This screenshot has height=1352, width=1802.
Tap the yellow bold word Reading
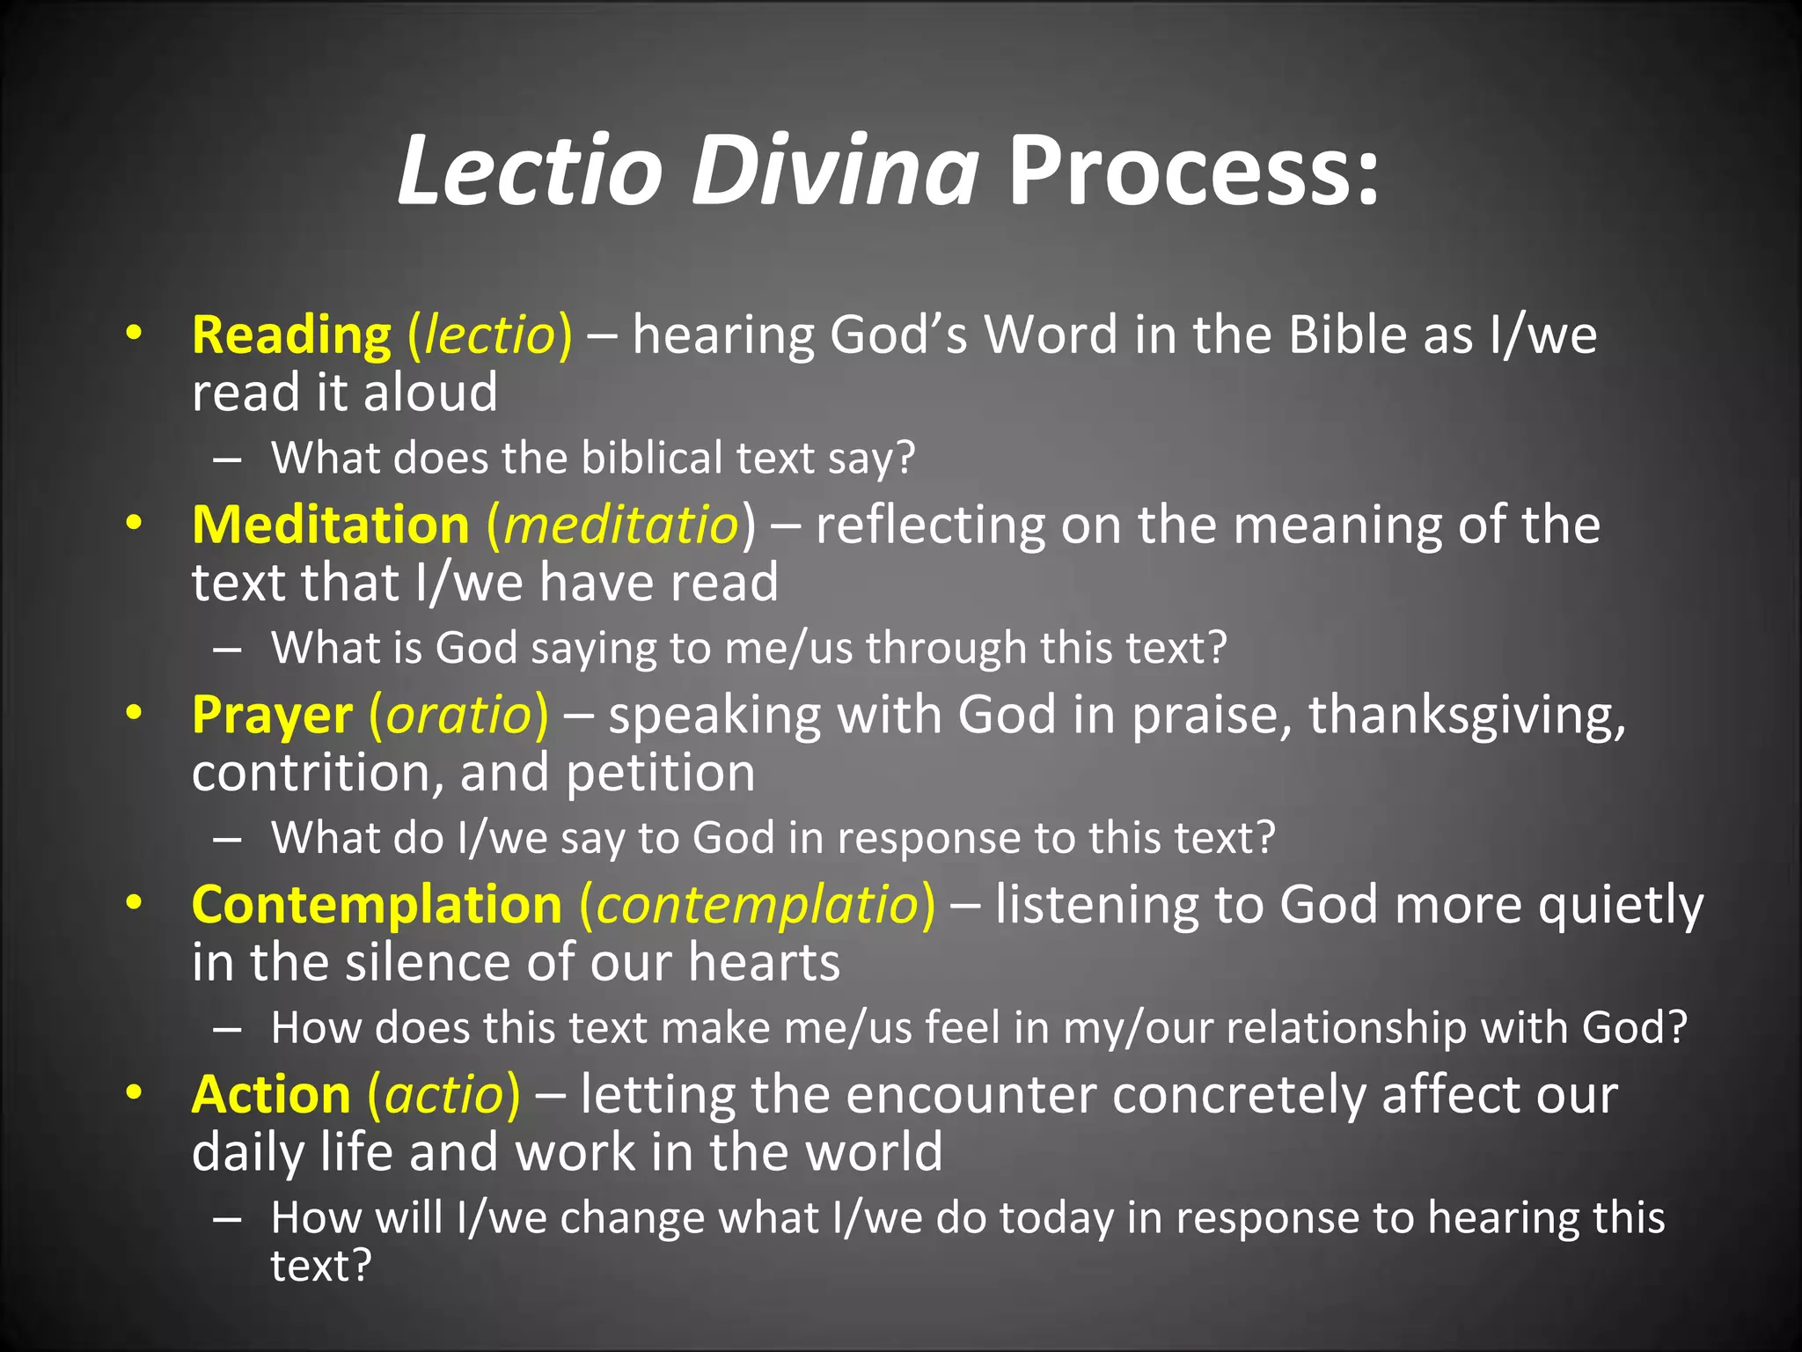click(x=291, y=335)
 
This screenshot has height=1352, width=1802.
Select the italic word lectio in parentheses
click(x=489, y=335)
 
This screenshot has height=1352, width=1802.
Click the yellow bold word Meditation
click(x=331, y=525)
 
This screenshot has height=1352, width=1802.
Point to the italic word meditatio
click(x=621, y=525)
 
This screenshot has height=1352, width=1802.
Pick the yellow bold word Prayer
click(x=272, y=715)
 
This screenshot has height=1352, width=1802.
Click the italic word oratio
click(x=458, y=715)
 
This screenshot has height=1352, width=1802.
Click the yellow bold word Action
click(x=271, y=1095)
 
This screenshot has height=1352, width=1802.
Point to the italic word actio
click(x=443, y=1095)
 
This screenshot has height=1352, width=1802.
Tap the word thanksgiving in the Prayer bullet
click(x=1466, y=715)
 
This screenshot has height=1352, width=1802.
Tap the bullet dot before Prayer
click(x=133, y=712)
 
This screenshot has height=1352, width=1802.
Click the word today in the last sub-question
click(x=1057, y=1218)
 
